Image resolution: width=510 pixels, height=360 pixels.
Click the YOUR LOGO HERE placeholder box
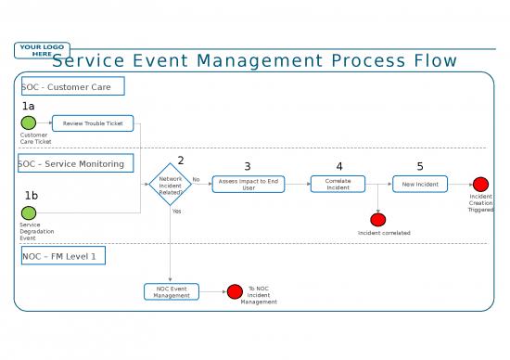(42, 50)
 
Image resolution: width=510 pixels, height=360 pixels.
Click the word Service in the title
(87, 61)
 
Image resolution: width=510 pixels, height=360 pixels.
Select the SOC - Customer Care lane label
(71, 86)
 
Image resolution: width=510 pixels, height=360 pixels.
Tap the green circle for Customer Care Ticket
(29, 122)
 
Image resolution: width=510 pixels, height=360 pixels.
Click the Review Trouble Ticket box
(93, 122)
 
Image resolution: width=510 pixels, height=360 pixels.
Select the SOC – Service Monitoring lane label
(74, 163)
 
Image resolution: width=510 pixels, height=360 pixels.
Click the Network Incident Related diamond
(170, 184)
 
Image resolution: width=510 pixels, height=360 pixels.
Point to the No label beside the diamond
(196, 179)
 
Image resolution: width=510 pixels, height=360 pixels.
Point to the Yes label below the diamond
(177, 211)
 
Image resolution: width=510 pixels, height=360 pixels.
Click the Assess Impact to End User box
(249, 184)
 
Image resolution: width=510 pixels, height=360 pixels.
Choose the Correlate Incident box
(338, 184)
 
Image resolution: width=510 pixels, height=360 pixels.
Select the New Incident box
(419, 184)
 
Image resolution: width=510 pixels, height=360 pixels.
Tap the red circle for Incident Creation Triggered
(480, 185)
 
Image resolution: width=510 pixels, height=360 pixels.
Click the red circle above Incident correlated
(377, 220)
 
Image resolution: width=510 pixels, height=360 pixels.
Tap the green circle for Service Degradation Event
(29, 212)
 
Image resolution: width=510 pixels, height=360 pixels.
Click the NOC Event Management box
(171, 291)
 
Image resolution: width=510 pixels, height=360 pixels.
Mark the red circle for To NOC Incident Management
(235, 291)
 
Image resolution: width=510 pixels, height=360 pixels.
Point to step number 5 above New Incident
(419, 166)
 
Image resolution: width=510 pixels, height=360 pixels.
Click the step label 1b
(31, 195)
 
